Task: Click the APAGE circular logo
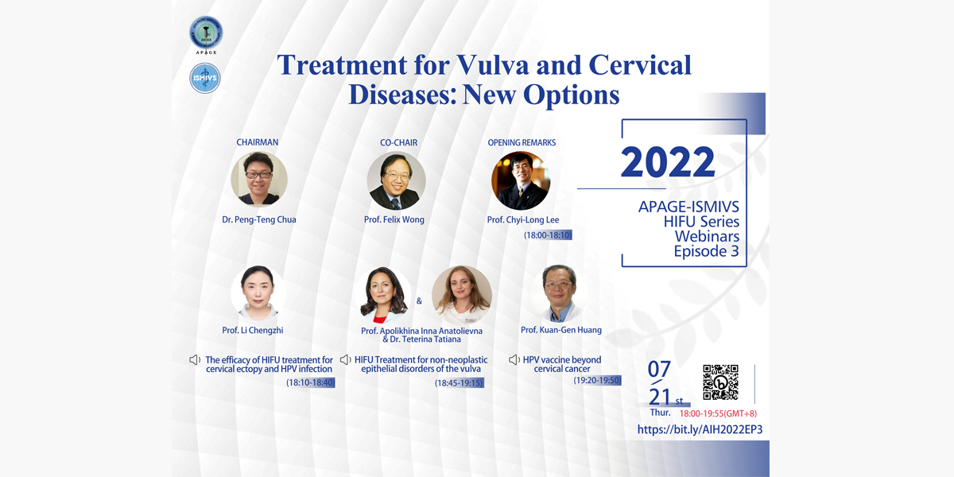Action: pos(206,33)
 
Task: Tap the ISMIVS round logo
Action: pos(205,78)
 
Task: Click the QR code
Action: pos(720,382)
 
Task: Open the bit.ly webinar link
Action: pos(700,429)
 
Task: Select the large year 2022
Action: pos(668,162)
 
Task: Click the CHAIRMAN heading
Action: pos(258,142)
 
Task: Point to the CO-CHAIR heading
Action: pos(398,142)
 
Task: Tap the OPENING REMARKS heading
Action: pos(522,142)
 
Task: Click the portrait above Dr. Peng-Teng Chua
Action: pos(259,180)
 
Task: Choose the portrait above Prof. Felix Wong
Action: pos(396,180)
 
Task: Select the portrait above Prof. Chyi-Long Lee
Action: pos(521,180)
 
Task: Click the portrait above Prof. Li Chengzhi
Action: pos(258,293)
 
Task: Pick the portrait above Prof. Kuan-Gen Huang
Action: pos(559,293)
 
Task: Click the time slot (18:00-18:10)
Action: pos(548,235)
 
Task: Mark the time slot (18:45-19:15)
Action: pos(460,383)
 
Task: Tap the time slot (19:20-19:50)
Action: pos(597,380)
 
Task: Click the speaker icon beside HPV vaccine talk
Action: pos(514,360)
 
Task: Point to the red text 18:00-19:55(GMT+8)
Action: pos(718,413)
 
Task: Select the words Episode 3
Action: pos(706,251)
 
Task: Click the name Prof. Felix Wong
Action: pos(394,219)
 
